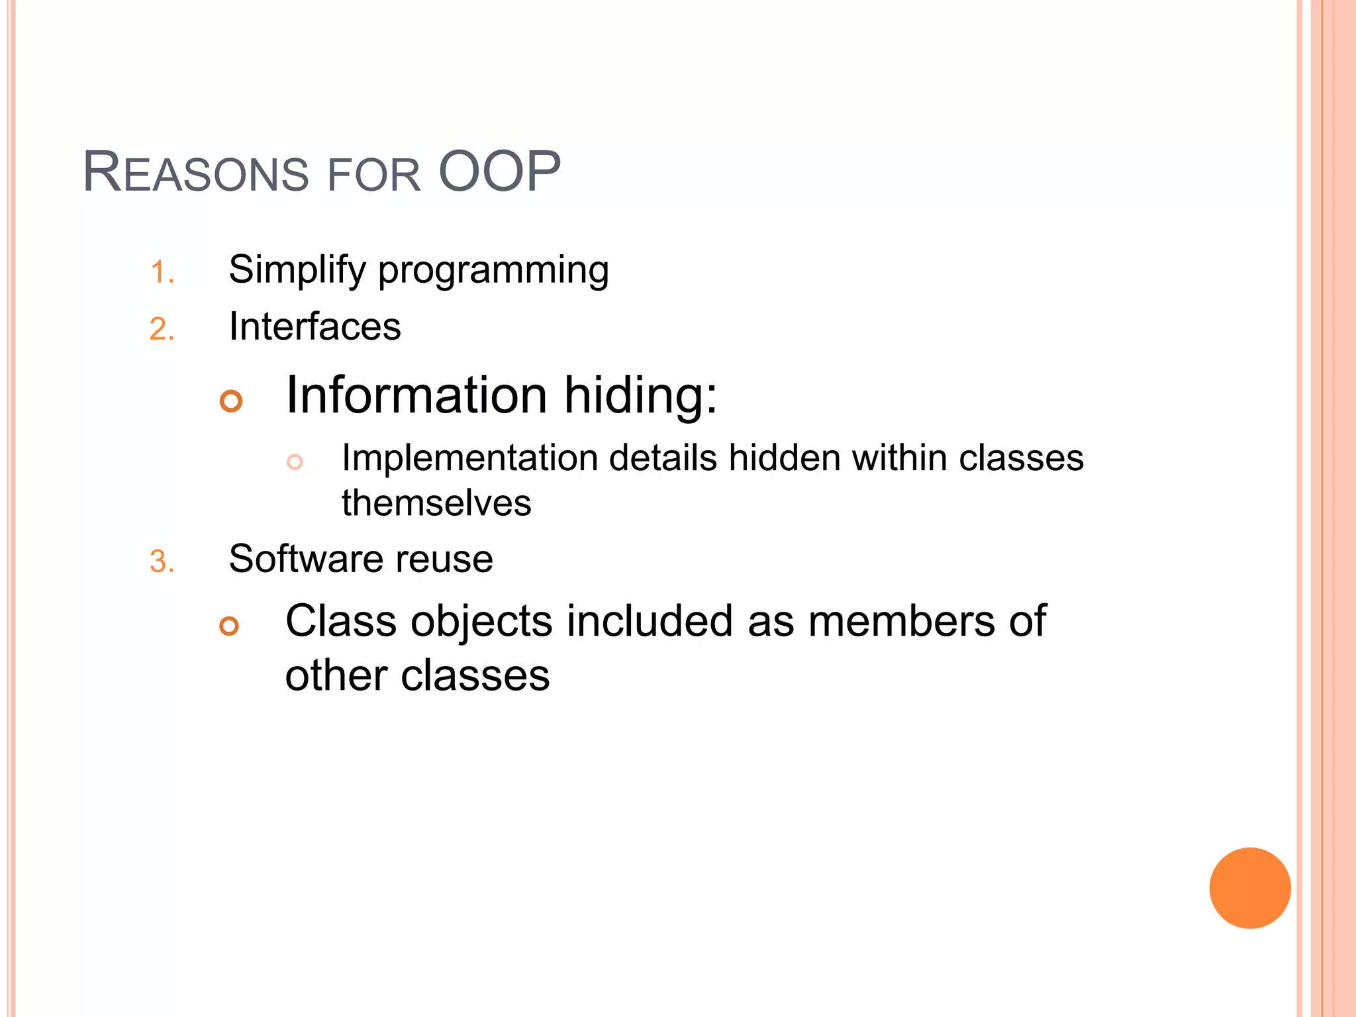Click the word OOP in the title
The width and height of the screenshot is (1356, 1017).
click(x=499, y=172)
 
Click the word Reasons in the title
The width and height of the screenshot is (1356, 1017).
click(x=196, y=173)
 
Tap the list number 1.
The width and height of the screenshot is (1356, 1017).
click(x=162, y=272)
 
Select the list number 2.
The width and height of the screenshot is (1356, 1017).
click(x=162, y=329)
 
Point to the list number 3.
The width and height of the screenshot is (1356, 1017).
click(x=162, y=561)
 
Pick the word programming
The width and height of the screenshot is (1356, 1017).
click(x=493, y=271)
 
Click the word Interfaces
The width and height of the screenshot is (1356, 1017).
click(x=315, y=326)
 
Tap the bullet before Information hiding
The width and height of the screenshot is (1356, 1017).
click(x=231, y=401)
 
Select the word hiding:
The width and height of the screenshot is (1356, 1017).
click(x=640, y=396)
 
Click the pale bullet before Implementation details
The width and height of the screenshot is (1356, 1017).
click(x=295, y=461)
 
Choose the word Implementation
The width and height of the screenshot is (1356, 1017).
click(x=469, y=458)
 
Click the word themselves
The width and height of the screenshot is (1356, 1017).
click(x=436, y=503)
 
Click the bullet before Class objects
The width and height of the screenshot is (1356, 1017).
click(x=229, y=626)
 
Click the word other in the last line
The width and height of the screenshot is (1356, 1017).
click(x=336, y=676)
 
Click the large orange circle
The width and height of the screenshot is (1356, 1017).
click(x=1249, y=888)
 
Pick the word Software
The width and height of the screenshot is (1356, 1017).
click(x=305, y=559)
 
